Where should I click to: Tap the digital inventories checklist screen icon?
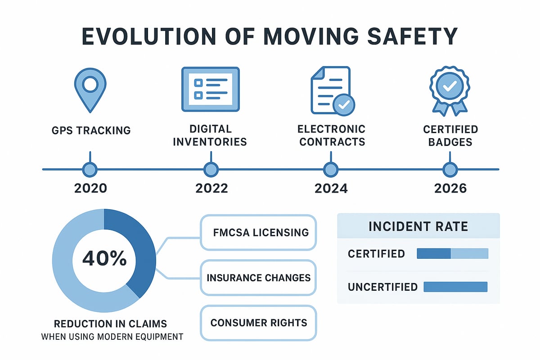point(210,89)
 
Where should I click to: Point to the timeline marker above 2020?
point(90,170)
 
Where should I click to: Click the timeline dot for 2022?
point(210,170)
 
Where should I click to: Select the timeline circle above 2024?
point(331,170)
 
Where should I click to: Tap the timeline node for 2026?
point(450,170)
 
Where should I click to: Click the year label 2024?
point(331,188)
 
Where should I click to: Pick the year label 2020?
point(90,188)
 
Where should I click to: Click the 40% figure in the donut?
point(104,260)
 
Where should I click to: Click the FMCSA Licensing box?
point(259,232)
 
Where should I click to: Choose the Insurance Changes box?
point(259,277)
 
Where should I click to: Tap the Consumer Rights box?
point(259,322)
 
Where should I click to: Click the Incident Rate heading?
point(418,226)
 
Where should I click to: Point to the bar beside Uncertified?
point(456,287)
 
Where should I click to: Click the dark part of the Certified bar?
point(434,253)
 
